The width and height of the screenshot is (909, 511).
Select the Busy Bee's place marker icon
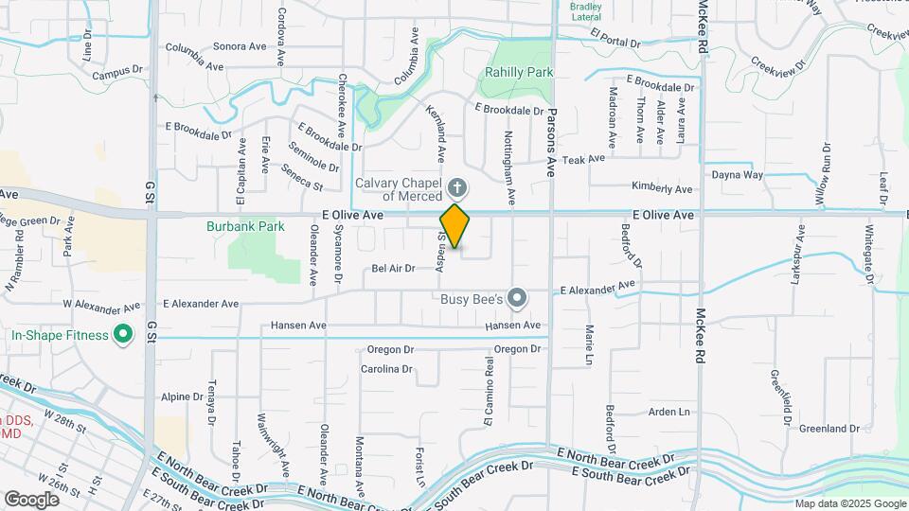pyautogui.click(x=516, y=299)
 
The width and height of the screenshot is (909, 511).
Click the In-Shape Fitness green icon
pyautogui.click(x=122, y=334)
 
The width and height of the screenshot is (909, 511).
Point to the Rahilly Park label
pyautogui.click(x=518, y=72)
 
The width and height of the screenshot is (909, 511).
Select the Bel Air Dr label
pyautogui.click(x=393, y=269)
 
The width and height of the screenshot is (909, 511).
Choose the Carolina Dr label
pyautogui.click(x=387, y=369)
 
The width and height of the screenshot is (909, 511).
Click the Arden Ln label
pyautogui.click(x=668, y=412)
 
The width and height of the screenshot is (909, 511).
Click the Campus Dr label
pyautogui.click(x=116, y=70)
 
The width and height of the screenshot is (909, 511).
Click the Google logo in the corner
pyautogui.click(x=31, y=500)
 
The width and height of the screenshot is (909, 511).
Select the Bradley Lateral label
pyautogui.click(x=586, y=11)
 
